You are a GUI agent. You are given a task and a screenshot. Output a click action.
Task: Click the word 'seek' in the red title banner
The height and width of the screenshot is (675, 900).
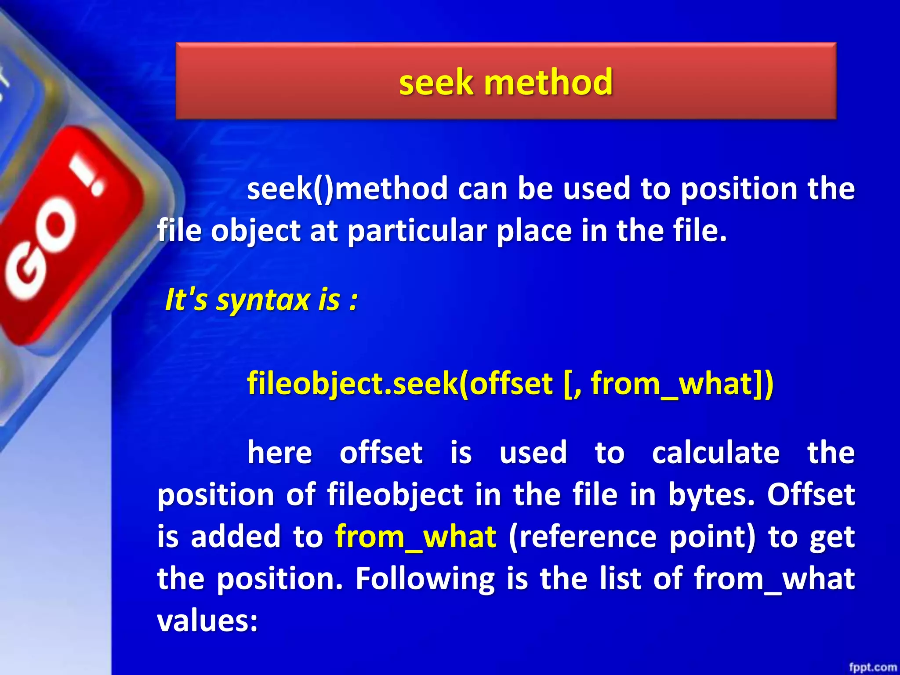[x=436, y=83]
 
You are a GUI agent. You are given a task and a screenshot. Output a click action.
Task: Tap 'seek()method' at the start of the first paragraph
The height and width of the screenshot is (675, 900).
[x=347, y=189]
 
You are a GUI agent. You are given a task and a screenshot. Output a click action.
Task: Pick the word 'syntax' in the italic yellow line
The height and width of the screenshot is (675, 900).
[x=263, y=301]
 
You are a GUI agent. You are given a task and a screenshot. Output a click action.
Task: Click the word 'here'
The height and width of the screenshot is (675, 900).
[x=279, y=453]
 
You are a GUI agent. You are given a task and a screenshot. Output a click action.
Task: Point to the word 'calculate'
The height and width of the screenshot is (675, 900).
[x=716, y=453]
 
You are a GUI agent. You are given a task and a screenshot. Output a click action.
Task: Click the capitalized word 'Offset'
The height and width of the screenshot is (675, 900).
[x=811, y=494]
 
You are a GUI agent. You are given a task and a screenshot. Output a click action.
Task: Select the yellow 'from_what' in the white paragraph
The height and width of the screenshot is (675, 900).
[x=416, y=537]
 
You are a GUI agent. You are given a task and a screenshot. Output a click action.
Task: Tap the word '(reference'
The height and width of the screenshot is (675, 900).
[x=582, y=537]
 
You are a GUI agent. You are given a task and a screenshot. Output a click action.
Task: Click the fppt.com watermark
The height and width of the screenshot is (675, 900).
[x=873, y=667]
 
